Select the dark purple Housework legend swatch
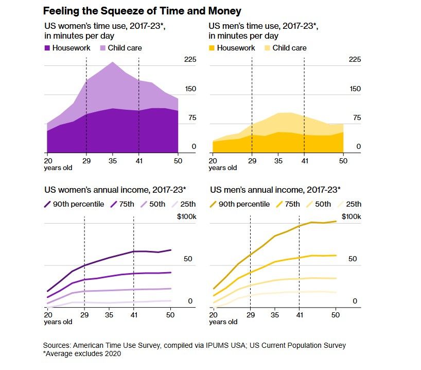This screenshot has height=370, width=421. pos(47,48)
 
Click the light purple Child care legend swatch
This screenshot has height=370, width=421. pos(103,48)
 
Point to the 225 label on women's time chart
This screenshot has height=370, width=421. pos(190,60)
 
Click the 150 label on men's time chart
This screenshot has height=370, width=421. pos(355,89)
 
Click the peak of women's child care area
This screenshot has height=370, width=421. pos(112,62)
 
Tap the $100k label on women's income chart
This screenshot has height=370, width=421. pos(186,216)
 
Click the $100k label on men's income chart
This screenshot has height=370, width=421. pos(351,216)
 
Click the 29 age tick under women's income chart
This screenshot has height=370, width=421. pos(84,314)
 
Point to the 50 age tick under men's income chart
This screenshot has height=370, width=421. pos(336,314)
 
